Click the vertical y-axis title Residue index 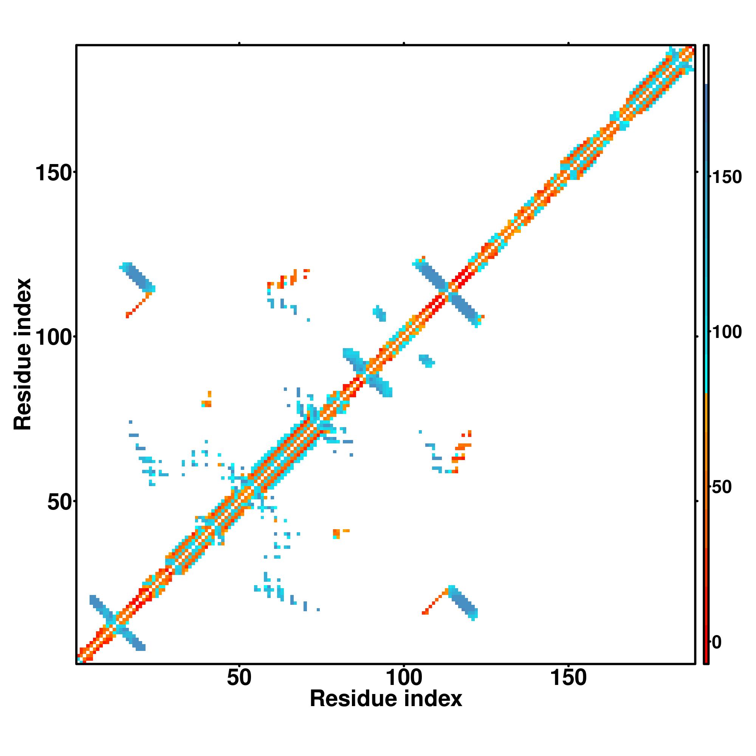[x=23, y=354]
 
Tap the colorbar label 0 [x=716, y=642]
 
